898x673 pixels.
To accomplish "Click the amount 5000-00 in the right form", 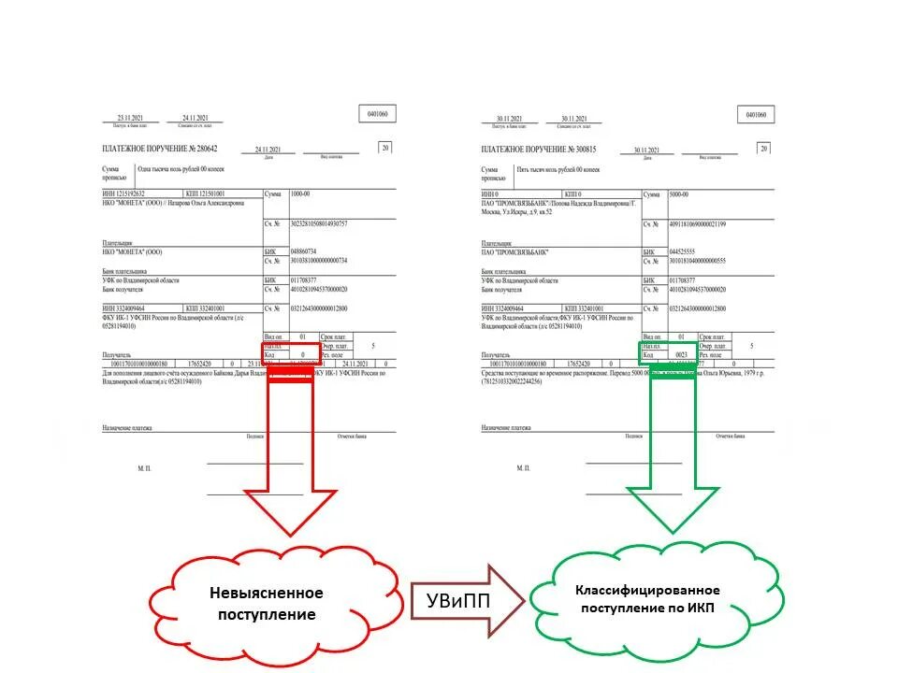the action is [x=681, y=193].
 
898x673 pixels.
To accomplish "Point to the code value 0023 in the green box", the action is [x=681, y=355].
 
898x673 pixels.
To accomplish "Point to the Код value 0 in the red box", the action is [x=302, y=355].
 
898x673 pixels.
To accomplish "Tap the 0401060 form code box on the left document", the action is [x=380, y=114].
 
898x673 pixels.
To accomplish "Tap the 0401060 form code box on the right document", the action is [x=758, y=114].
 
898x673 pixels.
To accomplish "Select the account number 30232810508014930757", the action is [x=319, y=224].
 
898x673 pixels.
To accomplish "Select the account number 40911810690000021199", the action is [x=697, y=224].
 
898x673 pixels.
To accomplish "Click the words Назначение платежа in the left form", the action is [x=129, y=427].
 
